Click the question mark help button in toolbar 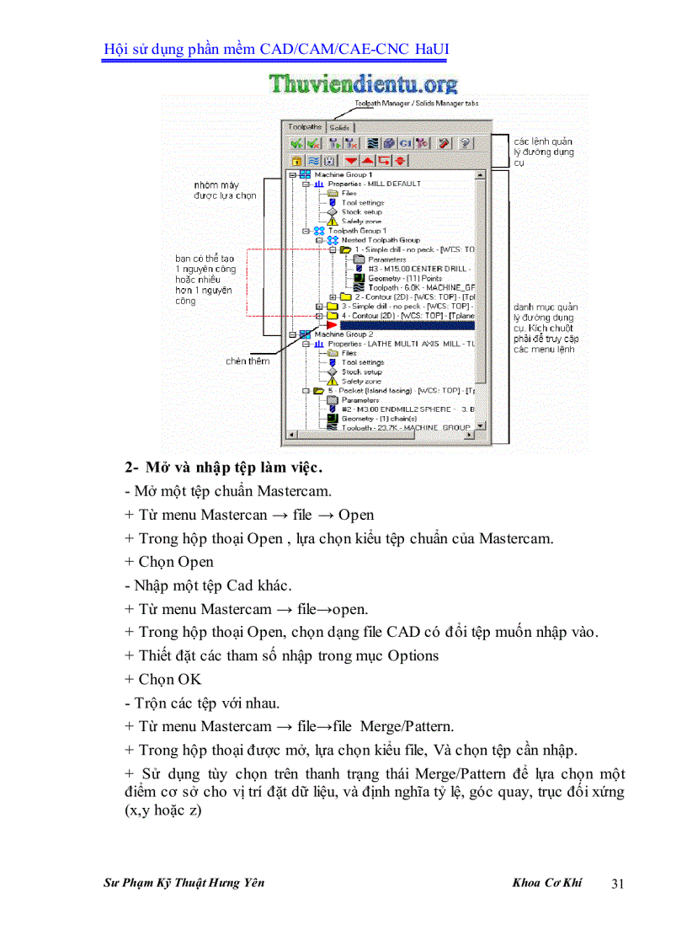pos(465,144)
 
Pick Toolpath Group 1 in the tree pos(357,230)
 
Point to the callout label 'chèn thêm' pos(248,361)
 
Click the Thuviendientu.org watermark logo pos(364,84)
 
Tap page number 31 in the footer pos(617,884)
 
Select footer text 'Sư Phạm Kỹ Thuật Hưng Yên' pos(184,883)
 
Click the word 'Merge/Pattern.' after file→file pos(407,726)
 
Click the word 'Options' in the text pos(413,655)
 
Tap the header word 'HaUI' pos(432,49)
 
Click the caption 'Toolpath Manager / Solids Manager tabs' pos(417,103)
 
